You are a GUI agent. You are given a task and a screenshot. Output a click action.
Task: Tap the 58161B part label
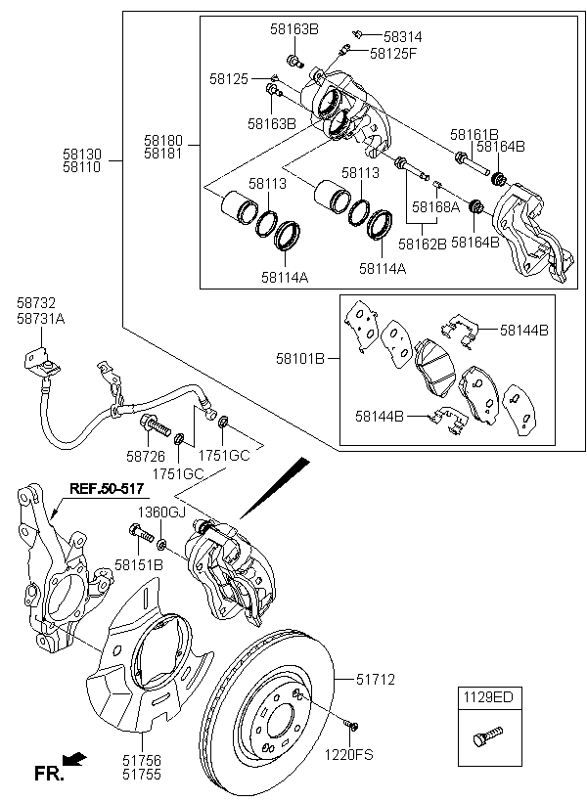click(x=474, y=134)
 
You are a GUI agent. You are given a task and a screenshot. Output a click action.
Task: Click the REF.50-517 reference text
click(x=106, y=487)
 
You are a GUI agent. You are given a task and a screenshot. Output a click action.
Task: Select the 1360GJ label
click(x=159, y=512)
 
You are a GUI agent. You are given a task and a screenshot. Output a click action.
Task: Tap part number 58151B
click(x=139, y=565)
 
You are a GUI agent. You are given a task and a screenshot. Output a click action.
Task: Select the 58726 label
click(x=145, y=455)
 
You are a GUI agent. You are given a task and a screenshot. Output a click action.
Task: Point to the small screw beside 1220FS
click(x=352, y=725)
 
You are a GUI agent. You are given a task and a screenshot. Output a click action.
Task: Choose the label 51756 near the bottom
click(x=142, y=759)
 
